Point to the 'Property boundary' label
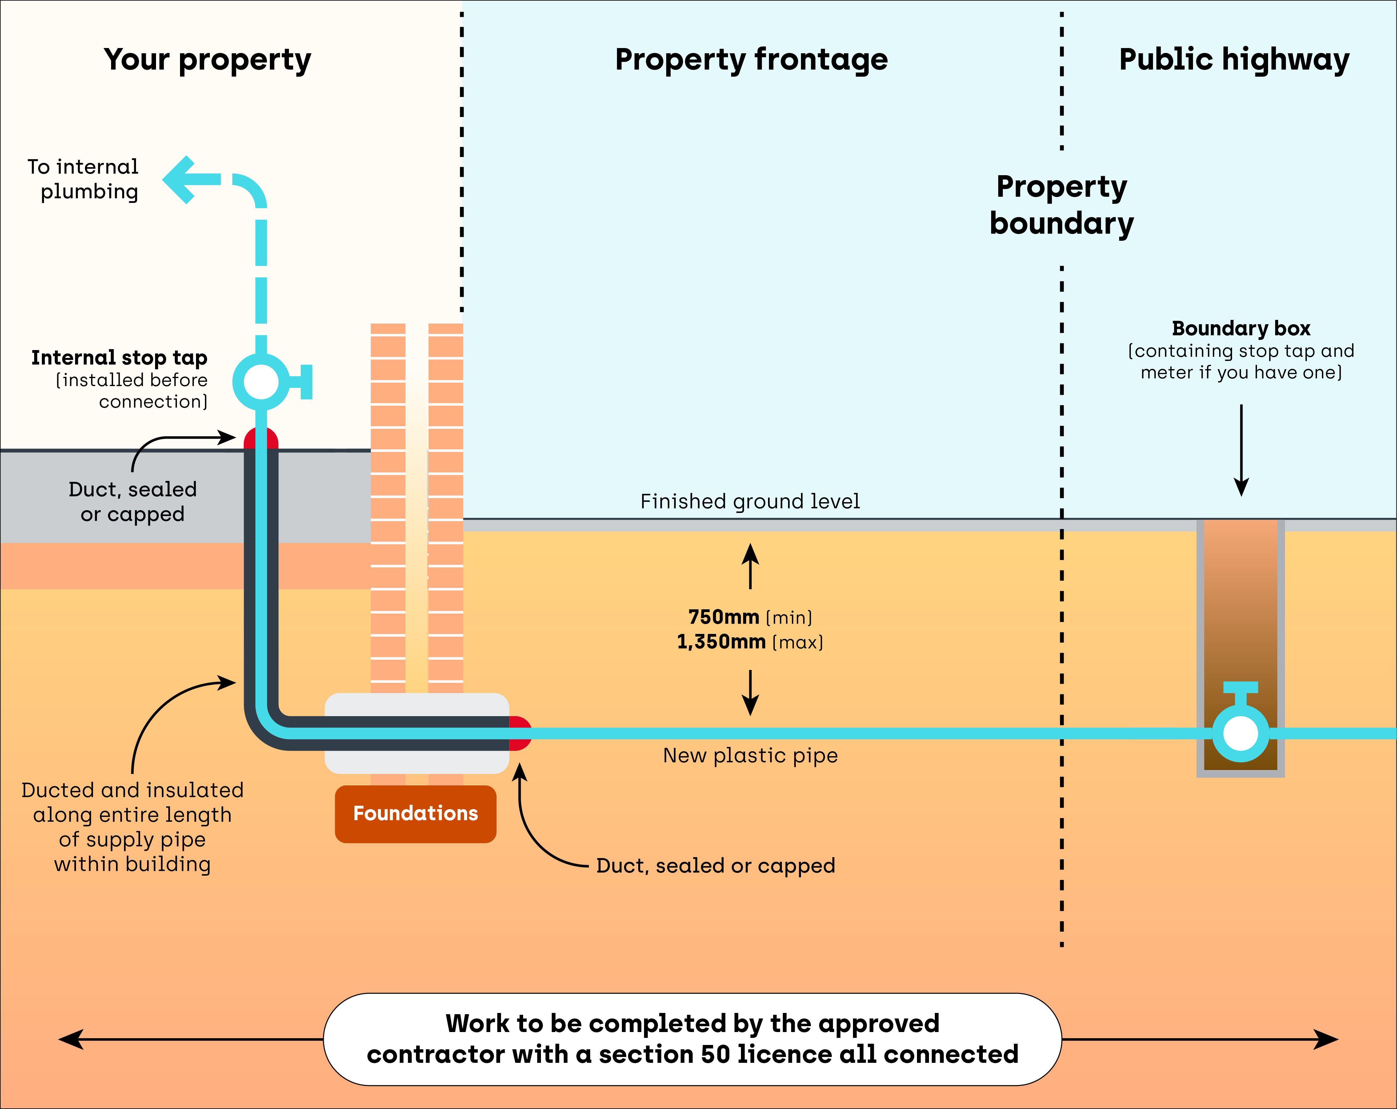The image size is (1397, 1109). coord(1061,205)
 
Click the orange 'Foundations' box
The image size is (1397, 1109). coord(415,813)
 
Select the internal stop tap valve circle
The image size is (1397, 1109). coord(261,382)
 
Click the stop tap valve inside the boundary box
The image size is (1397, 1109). coord(1240,733)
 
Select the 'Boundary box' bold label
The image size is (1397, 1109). coord(1241,329)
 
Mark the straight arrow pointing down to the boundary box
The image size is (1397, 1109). coord(1241,450)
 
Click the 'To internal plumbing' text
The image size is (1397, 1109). coord(83,179)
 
